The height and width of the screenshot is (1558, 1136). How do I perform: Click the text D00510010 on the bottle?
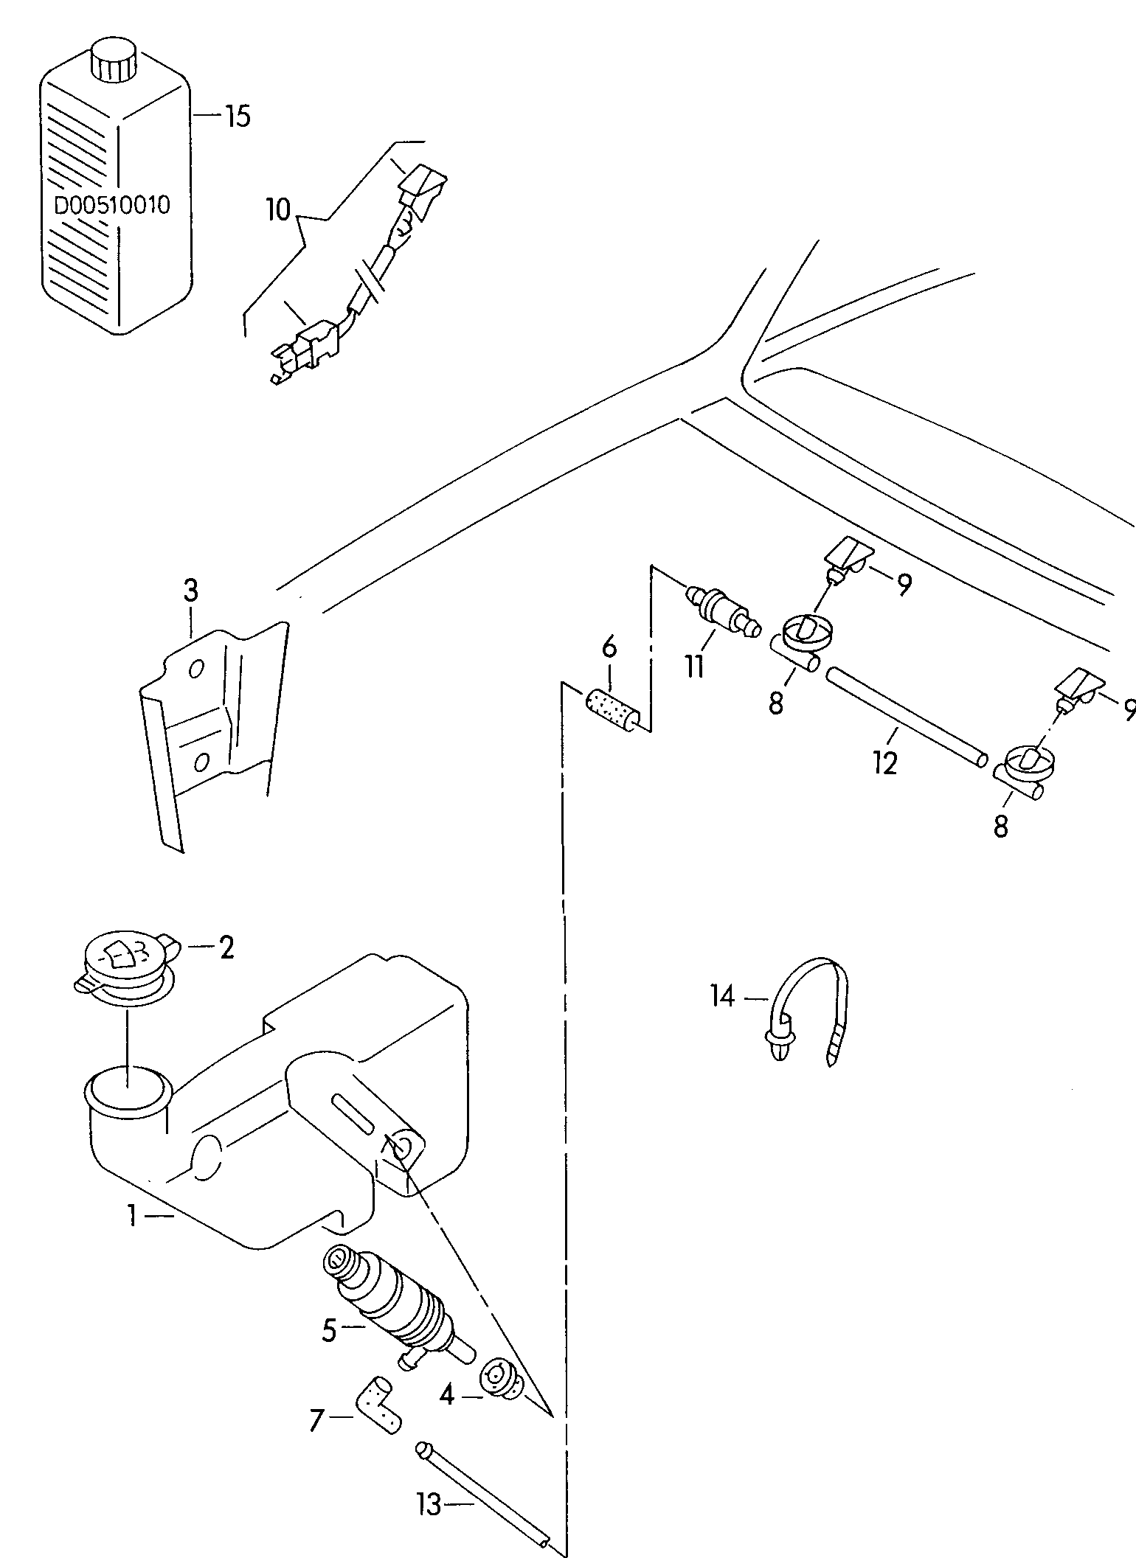click(112, 205)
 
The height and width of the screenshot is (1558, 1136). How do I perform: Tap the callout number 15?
click(237, 116)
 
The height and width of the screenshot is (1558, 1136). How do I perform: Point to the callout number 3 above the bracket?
click(190, 591)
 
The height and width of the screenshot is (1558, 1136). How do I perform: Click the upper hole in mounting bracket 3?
click(195, 669)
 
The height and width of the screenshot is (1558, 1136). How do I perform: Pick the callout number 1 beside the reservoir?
click(132, 1215)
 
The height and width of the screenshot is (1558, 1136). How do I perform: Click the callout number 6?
click(609, 649)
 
